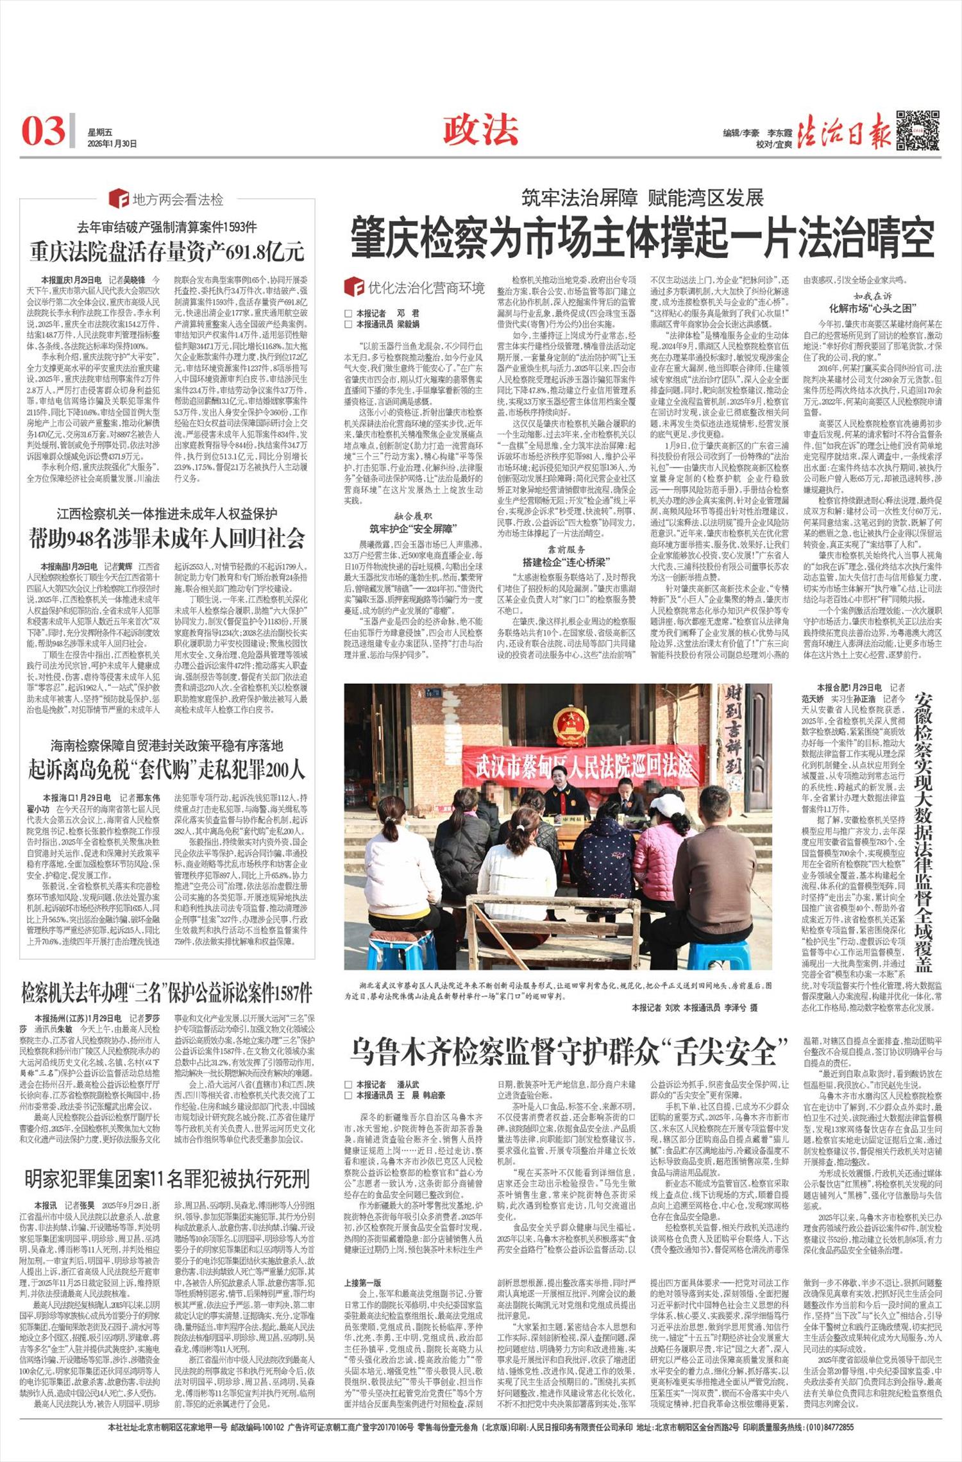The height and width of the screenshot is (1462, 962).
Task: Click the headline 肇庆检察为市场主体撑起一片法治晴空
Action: coord(641,238)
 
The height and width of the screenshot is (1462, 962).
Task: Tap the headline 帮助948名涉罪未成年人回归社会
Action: coord(167,539)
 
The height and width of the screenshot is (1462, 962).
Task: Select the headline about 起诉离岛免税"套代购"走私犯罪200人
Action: coord(167,769)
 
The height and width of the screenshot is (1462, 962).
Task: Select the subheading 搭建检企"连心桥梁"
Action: coord(566,562)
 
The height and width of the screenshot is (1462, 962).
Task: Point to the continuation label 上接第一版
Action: coord(363,1264)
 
